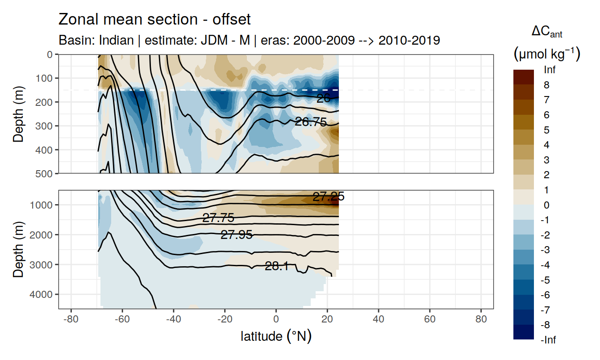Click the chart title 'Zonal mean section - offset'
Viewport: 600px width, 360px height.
pyautogui.click(x=154, y=20)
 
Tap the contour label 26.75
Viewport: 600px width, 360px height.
pyautogui.click(x=311, y=122)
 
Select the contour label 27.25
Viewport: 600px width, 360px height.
pyautogui.click(x=328, y=197)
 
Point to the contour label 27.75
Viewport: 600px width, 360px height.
pyautogui.click(x=218, y=218)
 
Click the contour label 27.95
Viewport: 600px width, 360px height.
pyautogui.click(x=237, y=235)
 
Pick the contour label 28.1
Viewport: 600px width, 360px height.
pyautogui.click(x=276, y=267)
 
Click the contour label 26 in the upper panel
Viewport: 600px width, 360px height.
pyautogui.click(x=323, y=99)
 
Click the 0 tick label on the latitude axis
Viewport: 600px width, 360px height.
pyautogui.click(x=276, y=321)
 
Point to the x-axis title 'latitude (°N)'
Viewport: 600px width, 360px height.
pyautogui.click(x=276, y=336)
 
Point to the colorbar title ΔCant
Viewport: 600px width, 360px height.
pyautogui.click(x=547, y=32)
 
